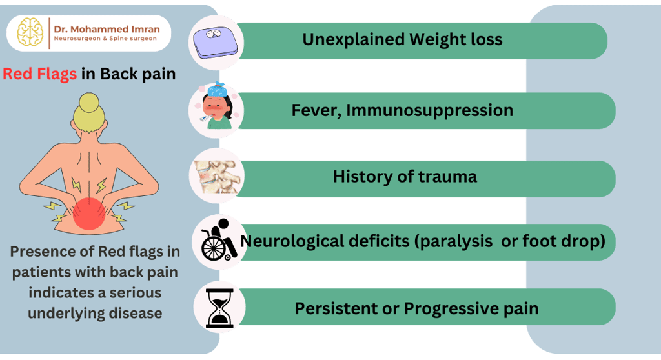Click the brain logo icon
coord(30,32)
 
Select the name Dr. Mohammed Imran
coord(107,29)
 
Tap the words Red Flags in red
coord(39,74)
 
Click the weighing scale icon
coord(216,42)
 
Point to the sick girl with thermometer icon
coord(217,107)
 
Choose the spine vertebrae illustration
coord(218,177)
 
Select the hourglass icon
coord(219,308)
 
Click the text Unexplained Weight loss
coord(402,39)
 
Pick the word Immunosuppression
coord(429,110)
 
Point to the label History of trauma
coord(405,176)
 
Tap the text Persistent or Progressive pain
coord(416,308)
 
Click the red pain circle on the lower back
coord(89,214)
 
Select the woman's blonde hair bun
coord(89,103)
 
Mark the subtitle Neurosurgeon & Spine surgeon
coord(105,38)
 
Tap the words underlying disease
coord(95,313)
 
